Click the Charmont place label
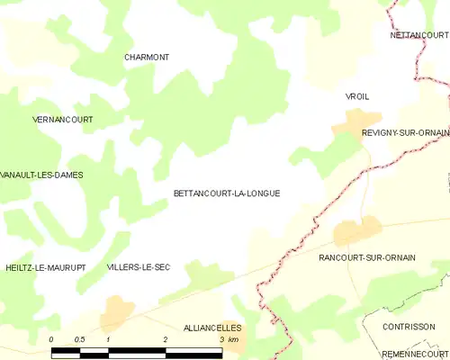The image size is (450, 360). (147, 57)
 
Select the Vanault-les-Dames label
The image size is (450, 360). (42, 175)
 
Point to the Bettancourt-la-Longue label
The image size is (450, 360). (227, 193)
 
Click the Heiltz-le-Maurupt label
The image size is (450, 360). (45, 267)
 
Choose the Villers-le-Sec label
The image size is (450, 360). (139, 267)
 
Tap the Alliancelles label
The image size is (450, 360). (212, 328)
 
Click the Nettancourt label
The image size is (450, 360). (419, 35)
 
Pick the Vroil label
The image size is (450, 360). (357, 95)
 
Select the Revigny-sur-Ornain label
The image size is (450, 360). (405, 132)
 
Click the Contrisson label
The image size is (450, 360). (409, 327)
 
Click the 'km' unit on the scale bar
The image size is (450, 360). (233, 339)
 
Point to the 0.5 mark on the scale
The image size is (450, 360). (79, 339)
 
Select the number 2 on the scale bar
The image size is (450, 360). (165, 339)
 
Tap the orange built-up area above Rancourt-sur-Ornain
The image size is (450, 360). (354, 231)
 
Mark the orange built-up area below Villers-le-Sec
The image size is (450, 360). (117, 311)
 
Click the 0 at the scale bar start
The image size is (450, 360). (51, 339)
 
